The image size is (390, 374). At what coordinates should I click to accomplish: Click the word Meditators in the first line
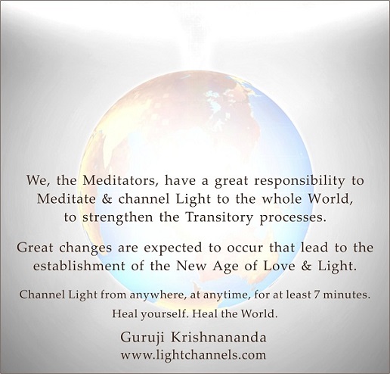tap(120, 181)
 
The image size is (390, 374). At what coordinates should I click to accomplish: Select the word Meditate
tap(67, 199)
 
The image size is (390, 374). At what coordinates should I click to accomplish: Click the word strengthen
tap(117, 218)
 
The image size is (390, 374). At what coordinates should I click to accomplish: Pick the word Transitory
tap(218, 218)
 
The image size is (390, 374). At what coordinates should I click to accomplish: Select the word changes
tap(85, 248)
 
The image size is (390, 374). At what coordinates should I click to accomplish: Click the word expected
tap(173, 248)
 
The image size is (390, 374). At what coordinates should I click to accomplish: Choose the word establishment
tap(79, 266)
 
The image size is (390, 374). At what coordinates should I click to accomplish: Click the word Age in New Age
tap(225, 266)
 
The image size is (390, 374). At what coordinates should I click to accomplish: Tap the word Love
tap(279, 266)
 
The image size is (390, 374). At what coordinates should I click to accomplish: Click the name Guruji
tap(142, 338)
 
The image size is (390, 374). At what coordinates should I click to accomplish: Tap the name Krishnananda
tap(218, 338)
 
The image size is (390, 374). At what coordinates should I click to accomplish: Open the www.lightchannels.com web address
tap(193, 355)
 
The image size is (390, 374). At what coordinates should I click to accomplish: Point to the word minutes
tap(347, 295)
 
